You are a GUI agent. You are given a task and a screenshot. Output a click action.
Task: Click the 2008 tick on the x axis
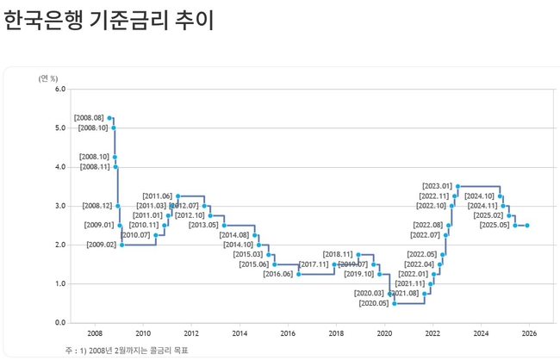[95, 333]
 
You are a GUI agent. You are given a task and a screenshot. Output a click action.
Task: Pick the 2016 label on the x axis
[288, 333]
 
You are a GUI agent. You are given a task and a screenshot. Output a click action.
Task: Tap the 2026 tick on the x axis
[529, 333]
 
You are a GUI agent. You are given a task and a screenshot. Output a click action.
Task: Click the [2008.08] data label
[89, 117]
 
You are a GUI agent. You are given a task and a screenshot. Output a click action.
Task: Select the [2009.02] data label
[101, 245]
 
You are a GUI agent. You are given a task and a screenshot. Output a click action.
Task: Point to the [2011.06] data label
[158, 196]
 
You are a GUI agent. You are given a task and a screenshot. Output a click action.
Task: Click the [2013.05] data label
[203, 226]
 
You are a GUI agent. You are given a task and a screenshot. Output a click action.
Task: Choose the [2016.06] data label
[277, 274]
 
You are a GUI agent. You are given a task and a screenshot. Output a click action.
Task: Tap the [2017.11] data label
[314, 264]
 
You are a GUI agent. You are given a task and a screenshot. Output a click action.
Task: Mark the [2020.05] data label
[373, 303]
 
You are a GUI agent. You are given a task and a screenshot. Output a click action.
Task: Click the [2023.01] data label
[438, 186]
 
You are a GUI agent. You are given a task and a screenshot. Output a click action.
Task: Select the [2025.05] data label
[495, 226]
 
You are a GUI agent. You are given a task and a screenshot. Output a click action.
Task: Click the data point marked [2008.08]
[109, 118]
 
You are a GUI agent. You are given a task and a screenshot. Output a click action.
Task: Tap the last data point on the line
[527, 226]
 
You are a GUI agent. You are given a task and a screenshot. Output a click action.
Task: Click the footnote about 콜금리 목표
[127, 350]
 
